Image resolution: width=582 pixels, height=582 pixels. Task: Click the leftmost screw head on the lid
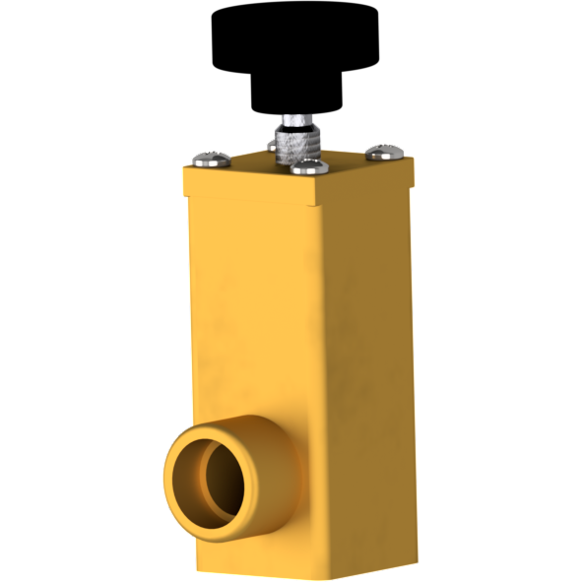tap(214, 156)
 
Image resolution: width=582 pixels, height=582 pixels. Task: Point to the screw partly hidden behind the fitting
tap(272, 145)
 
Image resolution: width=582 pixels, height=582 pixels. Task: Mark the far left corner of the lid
tap(184, 166)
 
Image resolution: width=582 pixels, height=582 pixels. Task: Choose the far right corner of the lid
tap(414, 160)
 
